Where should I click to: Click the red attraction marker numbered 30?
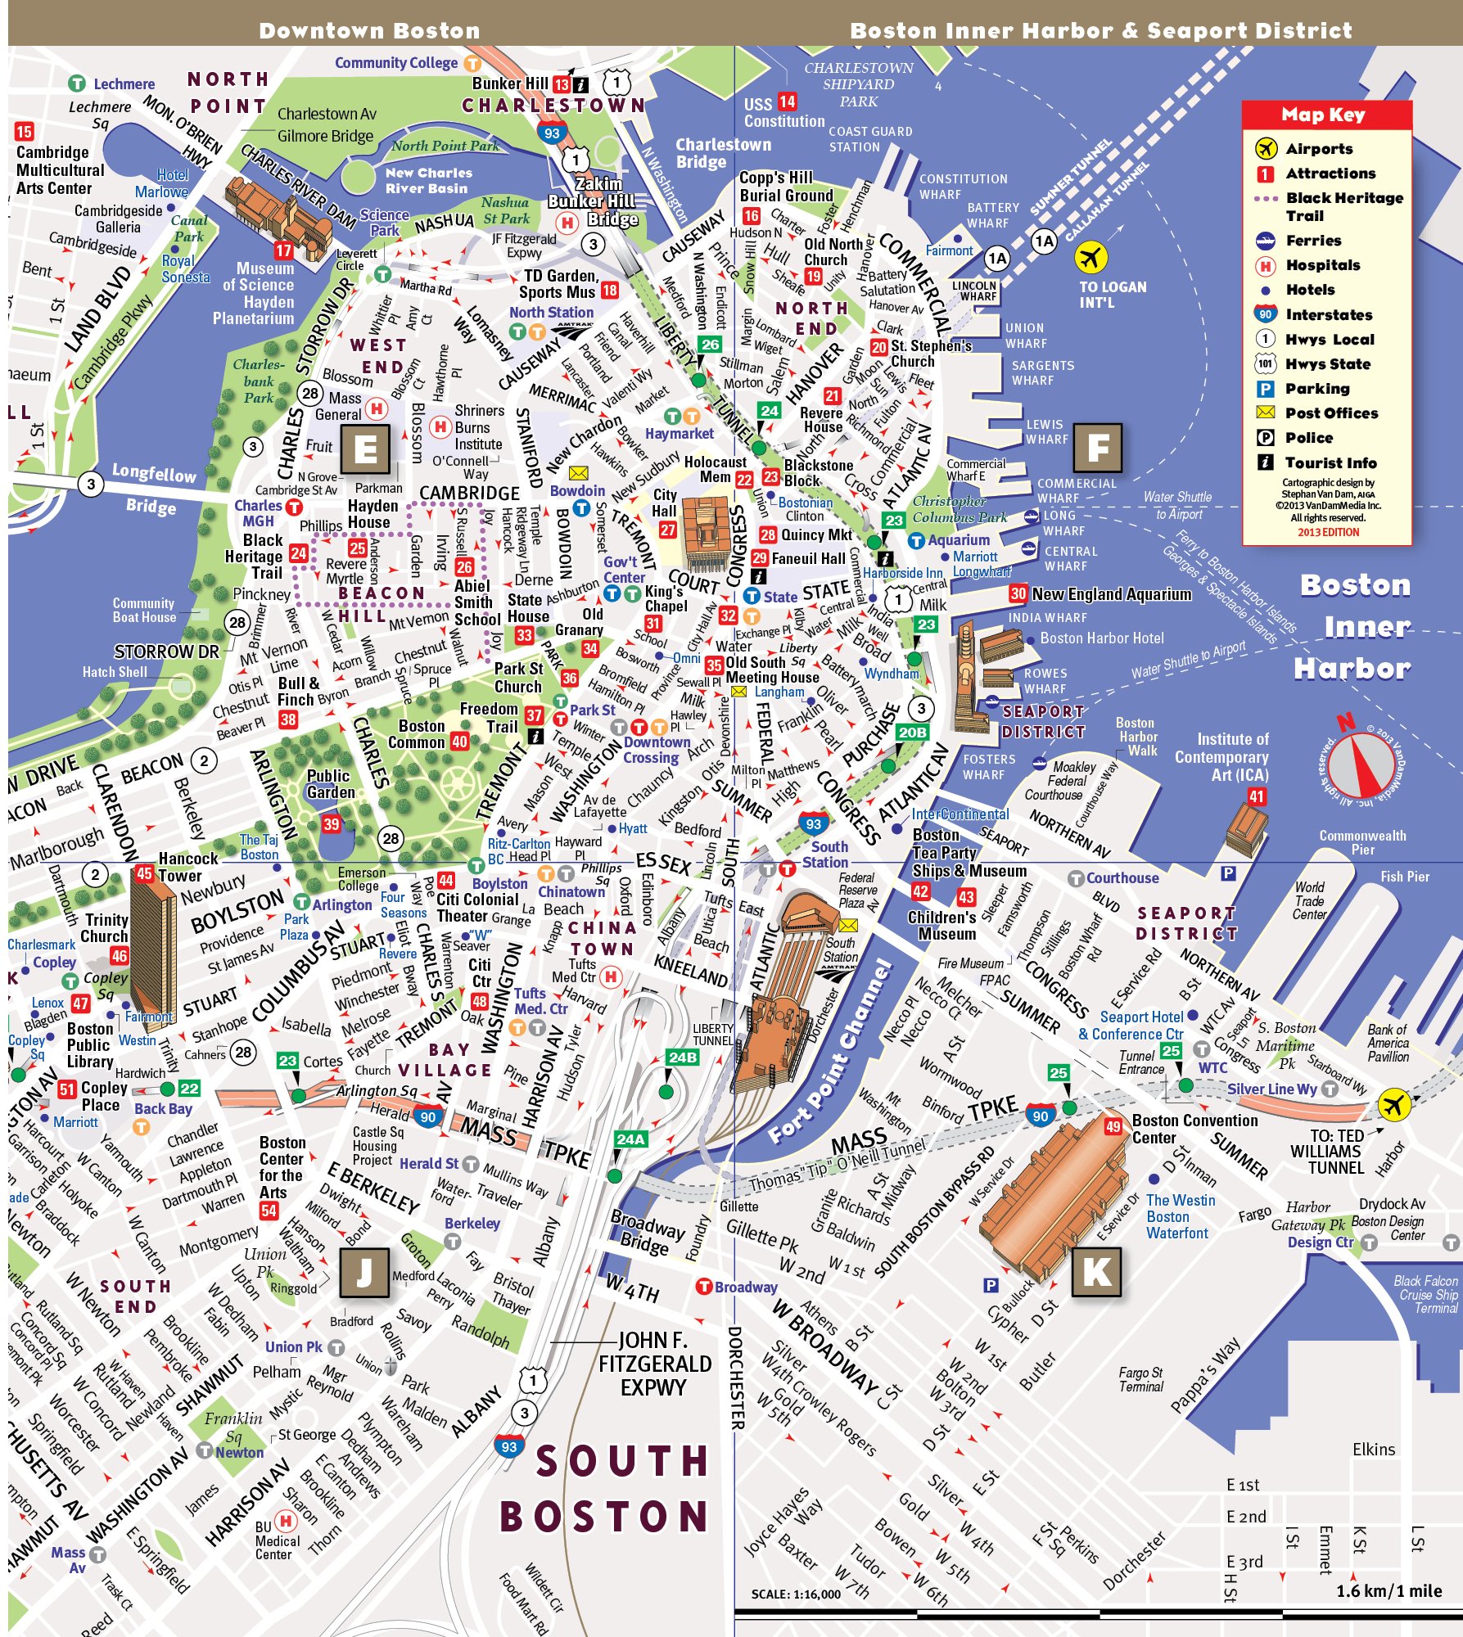pos(1018,593)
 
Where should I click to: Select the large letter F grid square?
pos(1097,448)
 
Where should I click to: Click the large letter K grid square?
pos(1096,1272)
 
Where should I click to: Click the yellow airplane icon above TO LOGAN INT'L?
pos(1090,259)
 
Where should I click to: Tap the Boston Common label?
pos(422,734)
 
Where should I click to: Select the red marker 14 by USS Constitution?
pos(787,102)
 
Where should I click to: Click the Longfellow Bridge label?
pos(153,489)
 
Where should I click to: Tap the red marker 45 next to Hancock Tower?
pos(145,873)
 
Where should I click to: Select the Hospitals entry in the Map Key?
pos(1322,265)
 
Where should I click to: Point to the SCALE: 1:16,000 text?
pos(795,1594)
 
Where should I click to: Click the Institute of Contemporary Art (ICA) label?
pos(1221,756)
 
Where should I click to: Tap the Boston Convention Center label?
pos(1194,1129)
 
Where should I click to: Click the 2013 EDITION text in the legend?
pos(1328,532)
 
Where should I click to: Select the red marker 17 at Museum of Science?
pos(283,250)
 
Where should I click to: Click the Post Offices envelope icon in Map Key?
pos(1265,413)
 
